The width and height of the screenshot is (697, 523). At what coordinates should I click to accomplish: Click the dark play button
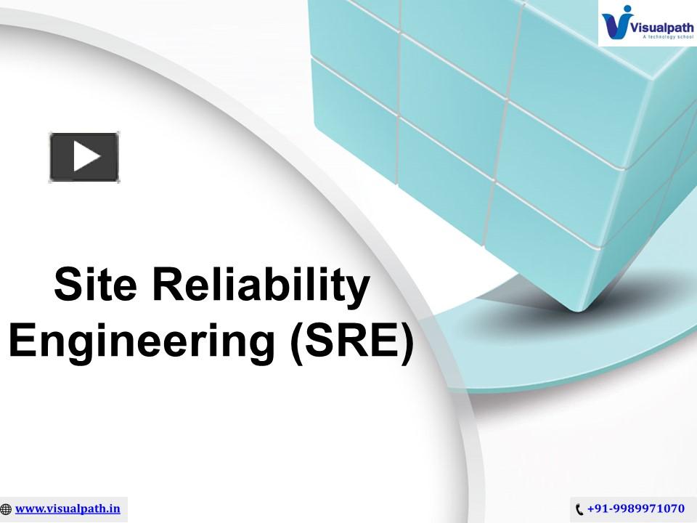click(x=83, y=157)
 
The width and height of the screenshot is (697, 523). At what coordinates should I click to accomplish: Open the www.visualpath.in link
click(x=68, y=508)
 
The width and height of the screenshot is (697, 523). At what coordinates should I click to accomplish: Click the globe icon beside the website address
click(x=7, y=509)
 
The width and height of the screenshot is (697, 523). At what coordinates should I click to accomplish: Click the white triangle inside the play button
click(x=86, y=157)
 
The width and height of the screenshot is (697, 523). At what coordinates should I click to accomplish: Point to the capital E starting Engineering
click(x=22, y=340)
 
